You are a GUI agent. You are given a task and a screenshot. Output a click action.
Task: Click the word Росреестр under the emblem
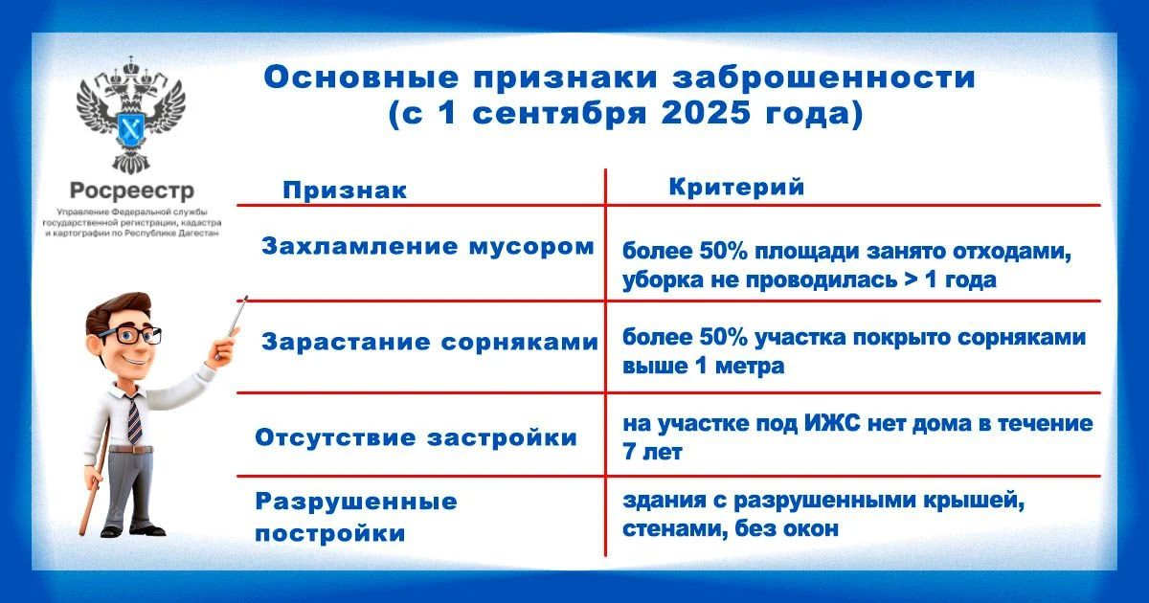pos(132,190)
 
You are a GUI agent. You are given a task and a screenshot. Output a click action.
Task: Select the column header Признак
pos(345,190)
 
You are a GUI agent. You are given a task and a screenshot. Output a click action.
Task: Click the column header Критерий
pos(736,187)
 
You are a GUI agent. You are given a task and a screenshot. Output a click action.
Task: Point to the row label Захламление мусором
pos(428,247)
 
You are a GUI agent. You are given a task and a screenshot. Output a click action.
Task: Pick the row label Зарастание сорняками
pos(430,342)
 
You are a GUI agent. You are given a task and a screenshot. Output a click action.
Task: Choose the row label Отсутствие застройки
pos(416,438)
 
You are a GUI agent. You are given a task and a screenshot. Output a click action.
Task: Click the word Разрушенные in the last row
pos(356,502)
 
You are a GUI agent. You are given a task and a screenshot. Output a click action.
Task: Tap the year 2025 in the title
pos(707,113)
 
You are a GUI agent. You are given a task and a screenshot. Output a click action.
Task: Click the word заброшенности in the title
pos(824,78)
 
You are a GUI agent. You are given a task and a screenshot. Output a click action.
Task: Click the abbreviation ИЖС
pos(832,423)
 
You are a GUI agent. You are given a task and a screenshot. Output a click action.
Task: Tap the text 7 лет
pos(652,452)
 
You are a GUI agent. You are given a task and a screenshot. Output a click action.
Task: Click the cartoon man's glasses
pos(130,335)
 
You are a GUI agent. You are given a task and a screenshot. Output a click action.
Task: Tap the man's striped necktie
pos(134,419)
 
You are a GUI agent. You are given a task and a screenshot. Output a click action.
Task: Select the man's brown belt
pos(131,450)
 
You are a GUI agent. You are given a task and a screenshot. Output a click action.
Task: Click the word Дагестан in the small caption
pos(198,234)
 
